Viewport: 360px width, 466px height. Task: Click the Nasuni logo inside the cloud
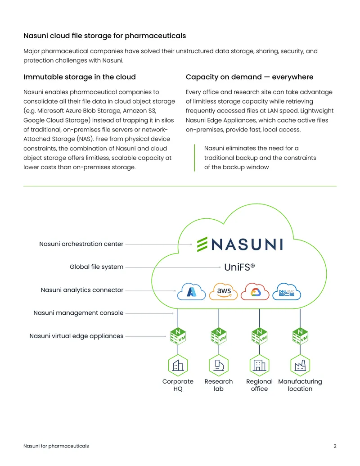[x=240, y=244]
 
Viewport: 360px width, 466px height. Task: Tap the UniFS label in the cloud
[x=239, y=267]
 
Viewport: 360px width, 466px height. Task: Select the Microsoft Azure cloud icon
[x=191, y=291]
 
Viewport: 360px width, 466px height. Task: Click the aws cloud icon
[x=223, y=291]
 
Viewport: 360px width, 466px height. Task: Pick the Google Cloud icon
[x=255, y=291]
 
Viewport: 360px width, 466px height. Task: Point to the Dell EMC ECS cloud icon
[x=287, y=291]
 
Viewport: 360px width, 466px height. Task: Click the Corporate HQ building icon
[x=178, y=365]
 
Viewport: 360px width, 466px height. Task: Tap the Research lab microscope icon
[x=219, y=365]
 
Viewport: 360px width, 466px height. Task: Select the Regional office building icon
[x=259, y=365]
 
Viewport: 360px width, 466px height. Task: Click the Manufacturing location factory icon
[x=300, y=365]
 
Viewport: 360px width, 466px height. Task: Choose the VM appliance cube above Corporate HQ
[x=178, y=336]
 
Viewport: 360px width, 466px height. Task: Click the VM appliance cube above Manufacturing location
[x=300, y=336]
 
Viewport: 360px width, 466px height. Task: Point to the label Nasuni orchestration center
[x=81, y=244]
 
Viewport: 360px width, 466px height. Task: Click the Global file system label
[x=97, y=267]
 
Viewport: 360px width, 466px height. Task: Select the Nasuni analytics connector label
[x=82, y=290]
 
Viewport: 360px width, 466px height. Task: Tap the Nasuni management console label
[x=78, y=312]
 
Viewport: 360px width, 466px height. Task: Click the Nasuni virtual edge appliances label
[x=76, y=336]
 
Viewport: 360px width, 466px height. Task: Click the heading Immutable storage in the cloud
[x=80, y=77]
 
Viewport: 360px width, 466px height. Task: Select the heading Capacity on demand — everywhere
[x=249, y=77]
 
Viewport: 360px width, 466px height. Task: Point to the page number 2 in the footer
[x=335, y=446]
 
